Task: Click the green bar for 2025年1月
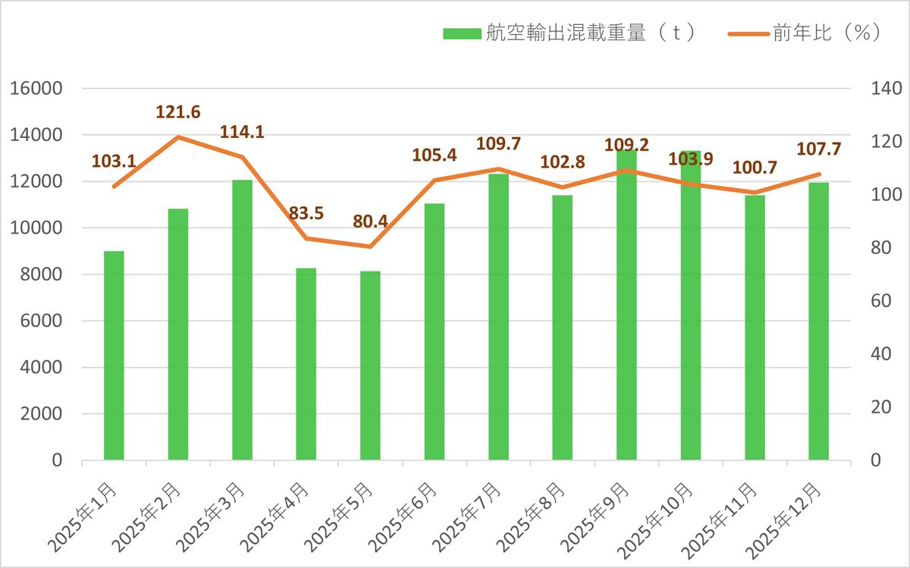coord(114,356)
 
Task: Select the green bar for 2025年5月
coord(370,366)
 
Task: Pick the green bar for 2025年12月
coord(818,322)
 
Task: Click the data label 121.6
coord(178,113)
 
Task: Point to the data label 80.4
coord(370,222)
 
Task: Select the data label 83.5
coord(306,214)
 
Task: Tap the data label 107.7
coord(819,149)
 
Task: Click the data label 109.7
coord(498,144)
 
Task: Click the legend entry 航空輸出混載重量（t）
coord(569,33)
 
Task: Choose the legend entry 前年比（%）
coord(804,33)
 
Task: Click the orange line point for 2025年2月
coord(178,137)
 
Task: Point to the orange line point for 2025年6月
coord(435,180)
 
